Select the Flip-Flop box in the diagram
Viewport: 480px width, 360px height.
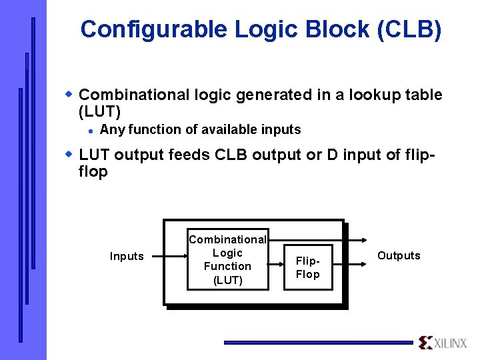tap(307, 268)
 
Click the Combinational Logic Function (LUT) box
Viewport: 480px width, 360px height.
tap(227, 260)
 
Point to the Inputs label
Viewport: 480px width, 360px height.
tap(127, 257)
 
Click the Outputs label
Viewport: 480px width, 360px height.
tap(399, 256)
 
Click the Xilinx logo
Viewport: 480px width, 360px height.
tap(443, 343)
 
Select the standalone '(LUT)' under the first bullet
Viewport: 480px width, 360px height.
tap(99, 112)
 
